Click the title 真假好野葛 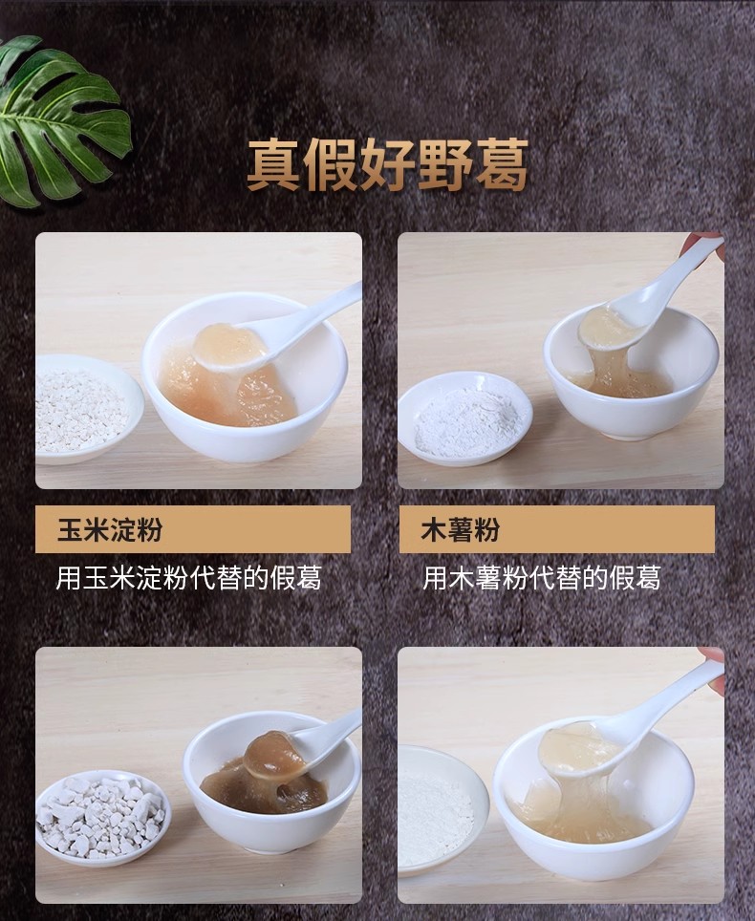tap(387, 164)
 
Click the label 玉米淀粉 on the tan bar tap(109, 530)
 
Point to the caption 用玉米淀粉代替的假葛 tap(188, 578)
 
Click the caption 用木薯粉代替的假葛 tap(541, 578)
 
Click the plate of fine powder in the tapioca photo tap(464, 418)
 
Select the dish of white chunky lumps tap(101, 818)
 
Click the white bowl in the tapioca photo tap(631, 382)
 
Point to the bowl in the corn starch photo tap(245, 411)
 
